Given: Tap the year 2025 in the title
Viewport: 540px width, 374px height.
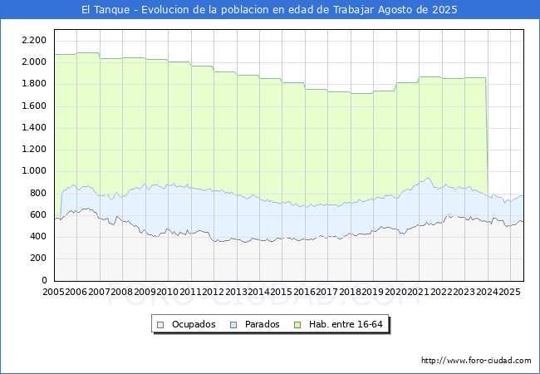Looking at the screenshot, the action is [444, 10].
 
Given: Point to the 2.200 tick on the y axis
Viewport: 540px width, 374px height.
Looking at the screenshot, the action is [34, 40].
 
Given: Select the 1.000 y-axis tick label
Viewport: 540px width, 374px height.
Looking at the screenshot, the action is [34, 171].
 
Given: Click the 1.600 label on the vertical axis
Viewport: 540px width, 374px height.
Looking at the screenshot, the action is [34, 106].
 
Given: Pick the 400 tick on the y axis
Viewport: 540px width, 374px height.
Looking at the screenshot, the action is [38, 236].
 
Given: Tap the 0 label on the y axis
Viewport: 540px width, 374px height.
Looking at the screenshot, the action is [44, 280].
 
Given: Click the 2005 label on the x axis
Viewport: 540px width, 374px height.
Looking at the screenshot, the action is [53, 292].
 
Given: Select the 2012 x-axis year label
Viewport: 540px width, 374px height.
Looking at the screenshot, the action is [214, 292].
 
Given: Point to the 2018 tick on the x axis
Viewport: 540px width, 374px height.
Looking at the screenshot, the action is [350, 292].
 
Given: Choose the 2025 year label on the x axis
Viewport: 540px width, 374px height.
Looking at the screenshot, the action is [509, 292].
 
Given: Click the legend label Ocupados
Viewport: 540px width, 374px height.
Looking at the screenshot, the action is [194, 324].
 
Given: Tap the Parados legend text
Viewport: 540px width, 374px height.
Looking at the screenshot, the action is [262, 324].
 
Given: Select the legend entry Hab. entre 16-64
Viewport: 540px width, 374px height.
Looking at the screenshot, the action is [346, 324].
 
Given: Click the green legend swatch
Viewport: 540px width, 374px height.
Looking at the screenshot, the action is [297, 325].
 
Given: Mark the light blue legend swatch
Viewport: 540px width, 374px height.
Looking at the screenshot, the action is [233, 325].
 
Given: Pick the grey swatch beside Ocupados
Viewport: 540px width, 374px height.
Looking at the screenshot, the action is [160, 325].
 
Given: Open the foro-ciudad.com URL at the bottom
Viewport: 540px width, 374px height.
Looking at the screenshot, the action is [476, 361].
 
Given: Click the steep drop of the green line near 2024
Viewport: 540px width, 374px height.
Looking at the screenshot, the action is [487, 137].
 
